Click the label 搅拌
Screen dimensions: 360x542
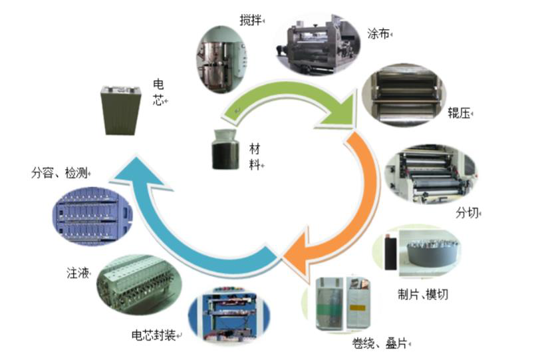click(250, 20)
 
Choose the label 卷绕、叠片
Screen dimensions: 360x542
click(380, 343)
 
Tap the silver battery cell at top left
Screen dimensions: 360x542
click(122, 111)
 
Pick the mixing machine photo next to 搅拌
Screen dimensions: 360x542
click(222, 61)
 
